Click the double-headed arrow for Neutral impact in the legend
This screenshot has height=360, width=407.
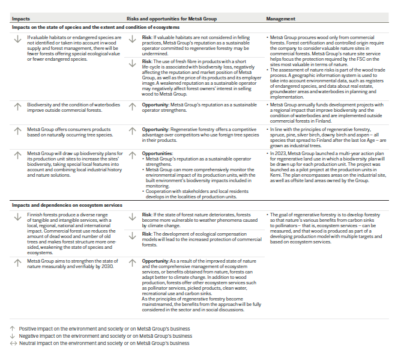coord(13,343)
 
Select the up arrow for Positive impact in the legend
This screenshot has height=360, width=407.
coord(13,329)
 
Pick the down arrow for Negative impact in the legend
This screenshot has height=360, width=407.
coord(13,336)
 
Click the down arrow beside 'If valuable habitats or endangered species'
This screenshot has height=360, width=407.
coord(17,40)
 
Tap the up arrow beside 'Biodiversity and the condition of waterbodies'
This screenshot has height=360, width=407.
coord(17,106)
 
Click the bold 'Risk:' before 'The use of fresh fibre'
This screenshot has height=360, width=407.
coord(147,61)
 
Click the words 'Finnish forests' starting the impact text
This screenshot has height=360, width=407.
coord(40,215)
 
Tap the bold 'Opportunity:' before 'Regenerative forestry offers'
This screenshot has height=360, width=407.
coord(154,129)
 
